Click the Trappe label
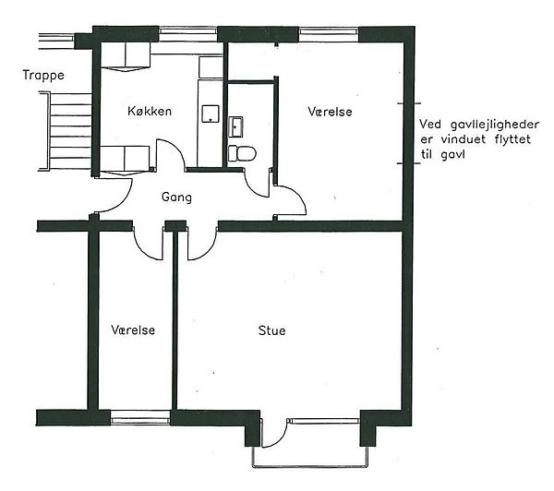click(x=43, y=76)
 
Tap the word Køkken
click(x=150, y=112)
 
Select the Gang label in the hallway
click(x=176, y=198)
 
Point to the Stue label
click(x=271, y=330)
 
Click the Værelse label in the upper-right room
click(x=330, y=112)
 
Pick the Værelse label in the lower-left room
click(x=133, y=329)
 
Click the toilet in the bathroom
click(x=242, y=153)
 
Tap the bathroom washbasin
click(x=235, y=126)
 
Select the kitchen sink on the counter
click(x=211, y=114)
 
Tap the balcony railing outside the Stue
click(x=310, y=467)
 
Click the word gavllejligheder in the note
click(x=495, y=125)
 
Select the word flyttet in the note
click(x=512, y=139)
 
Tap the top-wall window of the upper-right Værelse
click(x=329, y=31)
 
